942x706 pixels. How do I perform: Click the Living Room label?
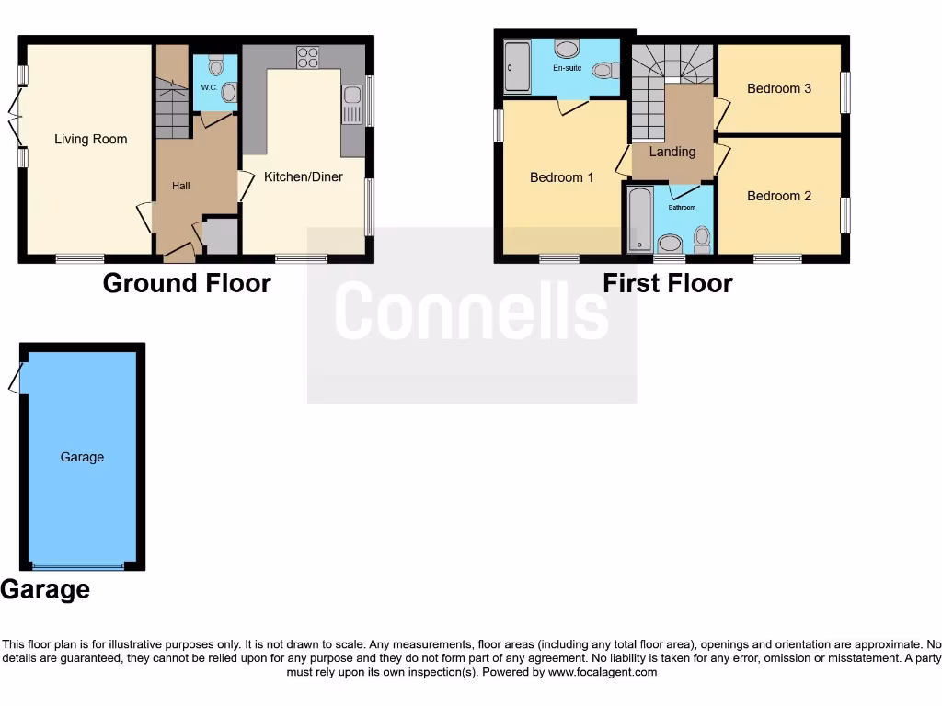click(90, 140)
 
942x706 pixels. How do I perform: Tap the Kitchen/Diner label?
click(303, 176)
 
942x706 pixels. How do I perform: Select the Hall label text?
click(181, 187)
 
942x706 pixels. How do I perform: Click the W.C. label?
click(208, 87)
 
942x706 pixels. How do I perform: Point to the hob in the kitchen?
click(307, 56)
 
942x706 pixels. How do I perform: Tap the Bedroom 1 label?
click(561, 177)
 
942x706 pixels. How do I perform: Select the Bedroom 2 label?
click(779, 196)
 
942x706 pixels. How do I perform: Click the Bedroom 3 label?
click(779, 89)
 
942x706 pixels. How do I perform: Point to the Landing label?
click(672, 152)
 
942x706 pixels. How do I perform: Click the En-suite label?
click(568, 67)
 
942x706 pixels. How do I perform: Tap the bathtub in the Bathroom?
click(638, 219)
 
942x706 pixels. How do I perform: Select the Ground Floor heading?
click(187, 283)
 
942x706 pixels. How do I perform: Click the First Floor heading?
click(668, 283)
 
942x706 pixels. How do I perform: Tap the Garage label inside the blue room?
click(82, 457)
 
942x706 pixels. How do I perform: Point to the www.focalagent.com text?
click(603, 672)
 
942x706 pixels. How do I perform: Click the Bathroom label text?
click(682, 208)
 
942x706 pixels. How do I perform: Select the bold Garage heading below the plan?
click(45, 589)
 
